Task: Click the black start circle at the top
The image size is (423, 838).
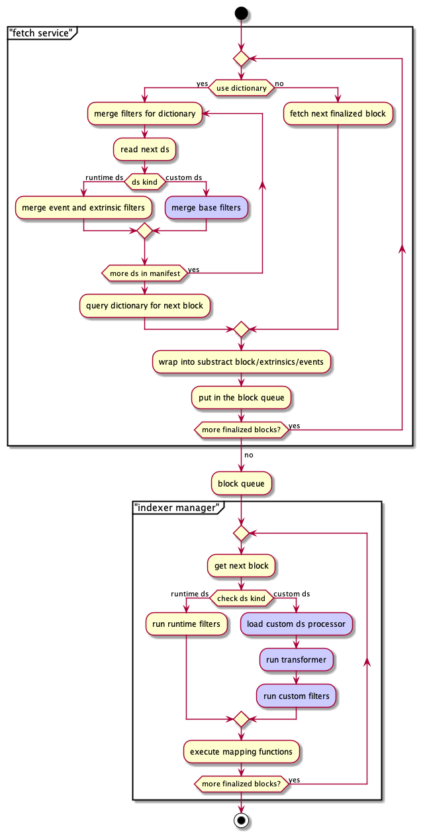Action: coord(241,13)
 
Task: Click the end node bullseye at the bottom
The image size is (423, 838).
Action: coord(241,821)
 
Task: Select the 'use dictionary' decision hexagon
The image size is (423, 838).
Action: coord(241,88)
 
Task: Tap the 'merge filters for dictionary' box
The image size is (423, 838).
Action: coord(144,114)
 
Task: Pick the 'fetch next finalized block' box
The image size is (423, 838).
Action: coord(338,114)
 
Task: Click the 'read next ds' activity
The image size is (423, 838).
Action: coord(144,150)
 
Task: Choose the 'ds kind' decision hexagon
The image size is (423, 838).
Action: coord(144,181)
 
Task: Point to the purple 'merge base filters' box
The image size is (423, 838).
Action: coord(207,208)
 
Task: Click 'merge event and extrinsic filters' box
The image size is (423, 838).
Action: coord(83,208)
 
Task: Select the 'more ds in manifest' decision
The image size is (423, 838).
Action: coord(144,273)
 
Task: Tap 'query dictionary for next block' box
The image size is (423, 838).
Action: coord(144,306)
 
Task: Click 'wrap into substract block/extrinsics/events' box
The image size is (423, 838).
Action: coord(241,363)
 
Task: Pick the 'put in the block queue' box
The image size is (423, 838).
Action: coord(241,398)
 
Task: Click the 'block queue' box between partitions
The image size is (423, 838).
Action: coord(241,483)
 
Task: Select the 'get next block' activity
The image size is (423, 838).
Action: coord(241,566)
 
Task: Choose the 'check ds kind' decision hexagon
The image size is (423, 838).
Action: coord(241,598)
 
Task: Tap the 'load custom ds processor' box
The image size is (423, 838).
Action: coord(296,624)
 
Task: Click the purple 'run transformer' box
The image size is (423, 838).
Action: coord(296,660)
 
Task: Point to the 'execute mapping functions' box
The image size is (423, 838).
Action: coord(241,752)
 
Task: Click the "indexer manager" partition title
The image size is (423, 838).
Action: coord(177,508)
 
